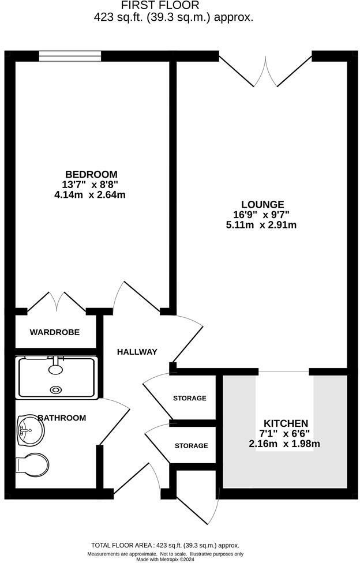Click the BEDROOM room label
pos(91,174)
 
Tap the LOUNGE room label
pos(262,204)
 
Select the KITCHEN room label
pos(286,423)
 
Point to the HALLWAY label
pos(137,352)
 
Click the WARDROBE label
pos(55,332)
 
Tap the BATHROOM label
pos(62,418)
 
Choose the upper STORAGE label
pos(190,398)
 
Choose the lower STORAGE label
pos(191,445)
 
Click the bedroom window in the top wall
pos(70,56)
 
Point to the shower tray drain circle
pos(56,389)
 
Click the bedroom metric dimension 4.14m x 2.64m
pos(89,195)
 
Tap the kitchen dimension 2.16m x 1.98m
pos(284,444)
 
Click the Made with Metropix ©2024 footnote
pos(165,559)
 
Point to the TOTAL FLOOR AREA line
pos(165,545)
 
